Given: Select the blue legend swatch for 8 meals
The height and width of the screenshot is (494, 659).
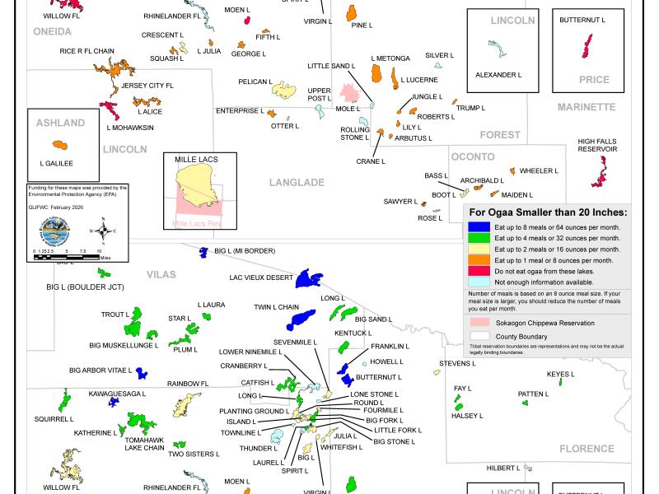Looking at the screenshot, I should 476,226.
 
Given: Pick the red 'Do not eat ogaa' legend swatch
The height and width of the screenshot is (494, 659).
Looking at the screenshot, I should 476,270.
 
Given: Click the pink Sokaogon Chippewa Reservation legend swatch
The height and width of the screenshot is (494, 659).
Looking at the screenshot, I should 476,323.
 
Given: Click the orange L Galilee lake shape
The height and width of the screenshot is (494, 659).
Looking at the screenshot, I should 58,143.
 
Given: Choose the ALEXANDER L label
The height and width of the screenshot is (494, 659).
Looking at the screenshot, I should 498,75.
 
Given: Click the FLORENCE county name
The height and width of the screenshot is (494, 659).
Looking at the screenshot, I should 587,449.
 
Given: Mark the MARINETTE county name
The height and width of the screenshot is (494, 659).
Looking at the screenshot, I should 587,107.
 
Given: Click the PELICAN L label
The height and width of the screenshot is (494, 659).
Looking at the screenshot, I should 255,82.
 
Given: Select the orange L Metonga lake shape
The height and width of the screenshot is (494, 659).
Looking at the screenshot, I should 376,74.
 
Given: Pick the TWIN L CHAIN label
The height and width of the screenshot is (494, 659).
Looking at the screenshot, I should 276,307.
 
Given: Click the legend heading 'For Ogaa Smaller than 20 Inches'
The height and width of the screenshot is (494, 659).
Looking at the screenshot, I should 546,212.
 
